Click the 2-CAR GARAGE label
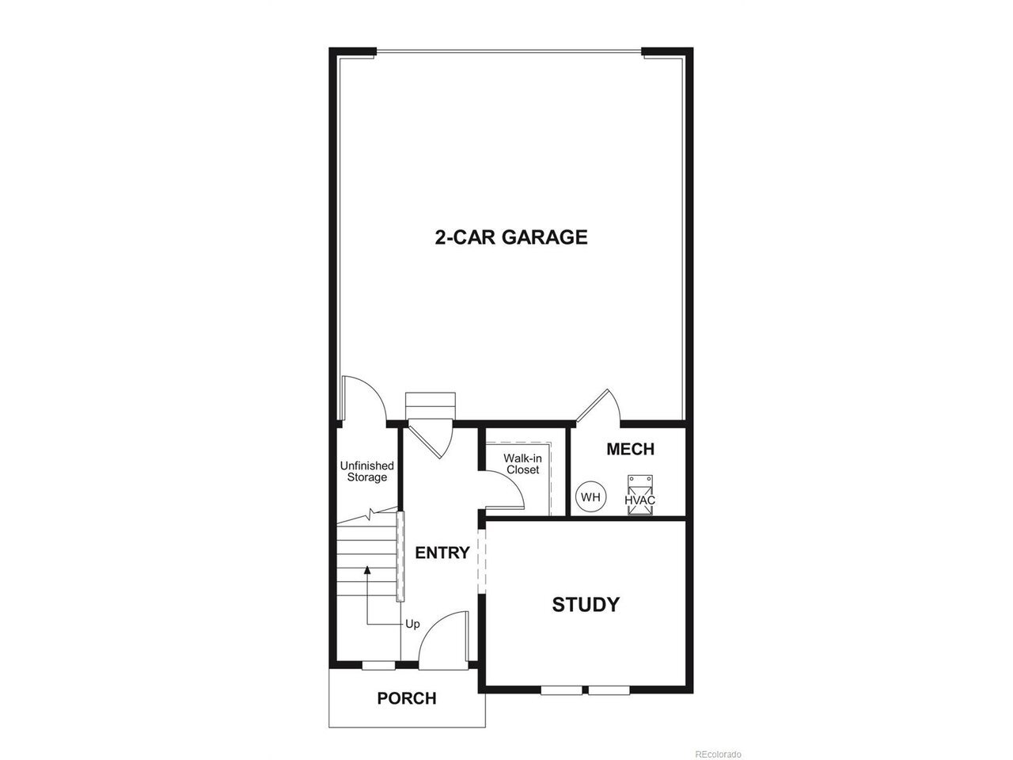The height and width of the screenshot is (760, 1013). [x=511, y=237]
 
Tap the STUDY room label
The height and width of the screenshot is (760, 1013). [x=586, y=605]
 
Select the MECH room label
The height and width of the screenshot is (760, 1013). [x=630, y=449]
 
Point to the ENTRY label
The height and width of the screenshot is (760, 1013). [x=442, y=553]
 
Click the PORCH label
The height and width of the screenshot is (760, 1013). [x=407, y=698]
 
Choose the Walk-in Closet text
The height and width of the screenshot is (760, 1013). [x=522, y=464]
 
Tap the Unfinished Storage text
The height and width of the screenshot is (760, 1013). [x=367, y=471]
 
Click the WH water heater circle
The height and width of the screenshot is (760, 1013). [x=590, y=497]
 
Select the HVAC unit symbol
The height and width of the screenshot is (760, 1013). [x=639, y=495]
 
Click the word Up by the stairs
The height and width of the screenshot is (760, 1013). [x=412, y=625]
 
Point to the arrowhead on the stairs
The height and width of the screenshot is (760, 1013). [x=367, y=570]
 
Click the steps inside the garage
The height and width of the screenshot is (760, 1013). [x=430, y=406]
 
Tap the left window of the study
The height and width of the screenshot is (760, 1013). [x=561, y=690]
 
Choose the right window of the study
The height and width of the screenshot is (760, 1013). [x=609, y=690]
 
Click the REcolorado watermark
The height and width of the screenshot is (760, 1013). [x=718, y=754]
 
